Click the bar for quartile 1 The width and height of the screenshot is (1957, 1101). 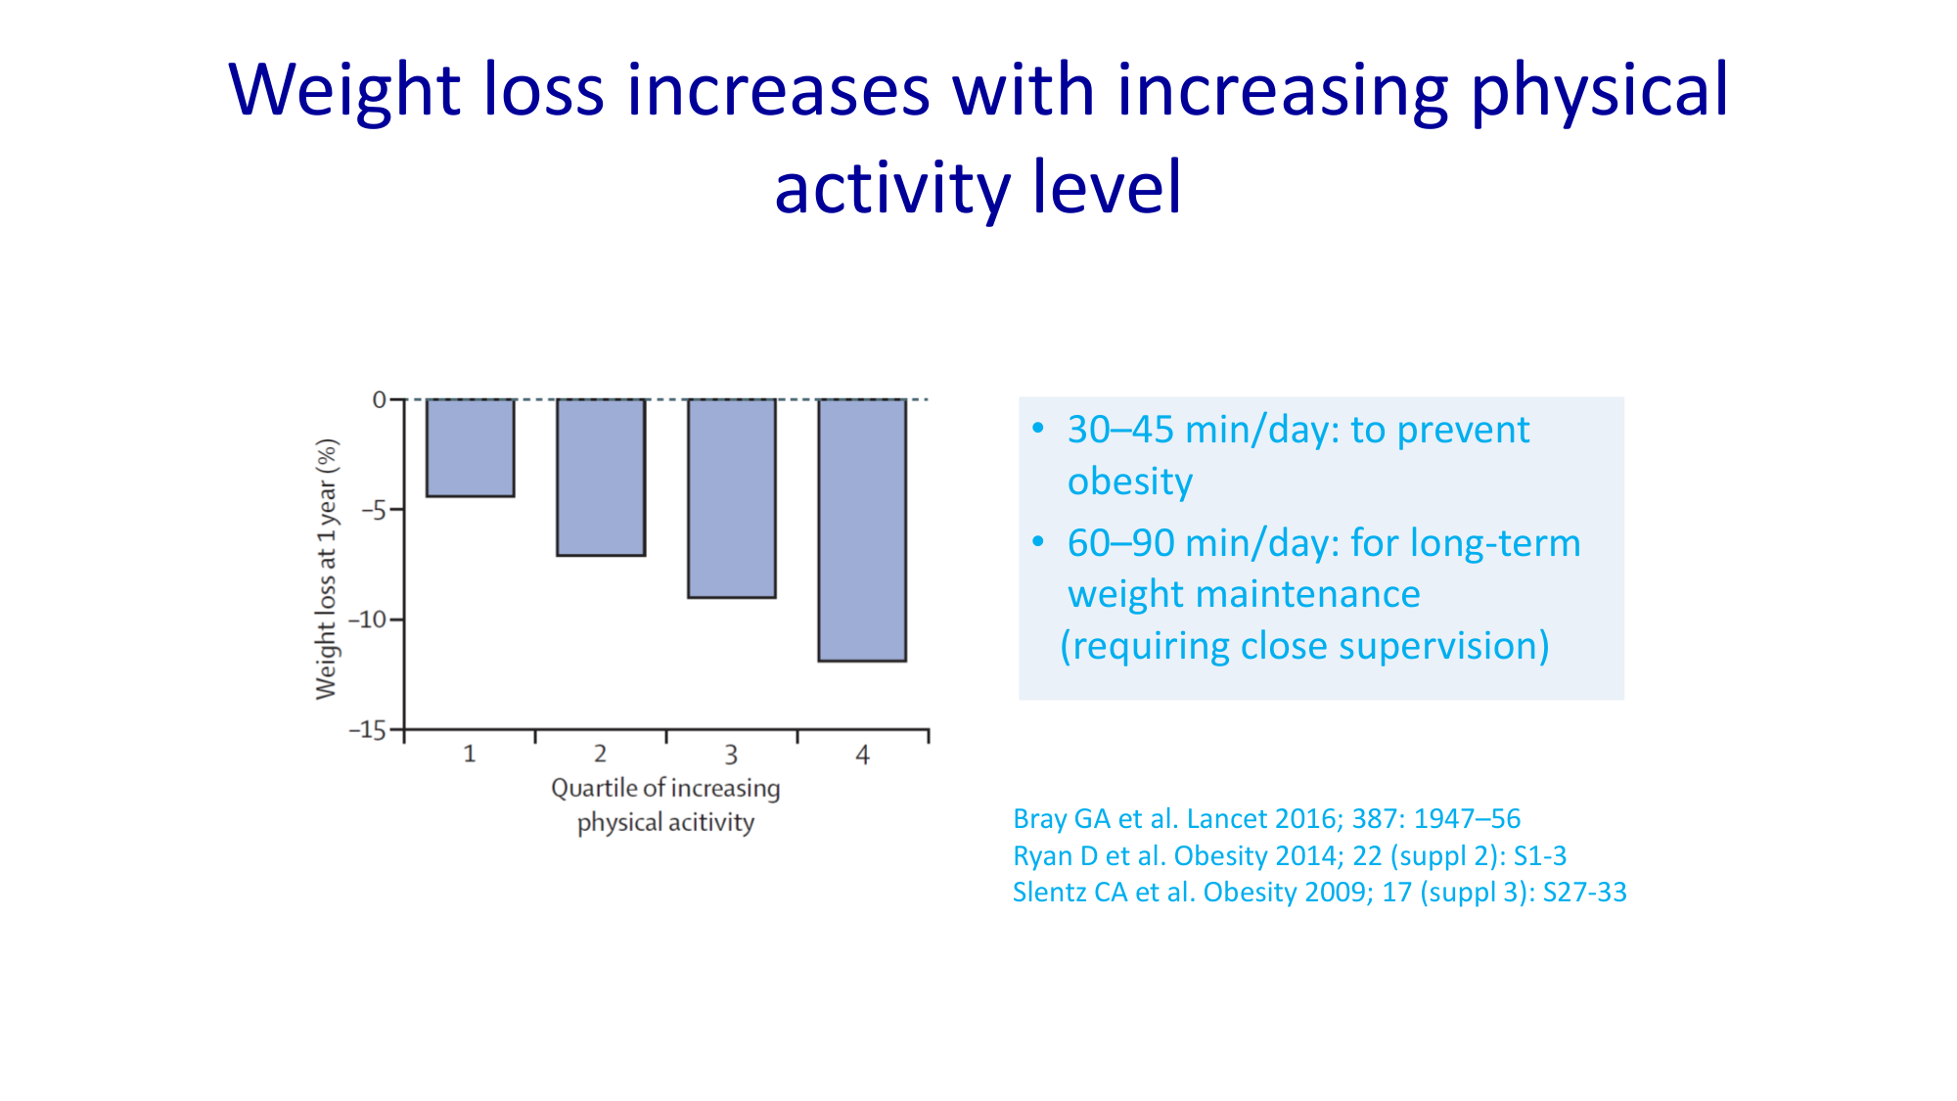pyautogui.click(x=470, y=447)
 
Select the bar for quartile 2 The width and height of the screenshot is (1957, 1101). pyautogui.click(x=601, y=477)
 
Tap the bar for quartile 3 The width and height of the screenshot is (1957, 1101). pyautogui.click(x=732, y=498)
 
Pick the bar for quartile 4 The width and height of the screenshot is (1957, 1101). pyautogui.click(x=862, y=529)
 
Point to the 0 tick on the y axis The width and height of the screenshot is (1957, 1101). pyautogui.click(x=380, y=399)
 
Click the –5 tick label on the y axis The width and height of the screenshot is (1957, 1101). pyautogui.click(x=373, y=510)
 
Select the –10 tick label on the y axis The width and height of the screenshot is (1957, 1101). pyautogui.click(x=368, y=619)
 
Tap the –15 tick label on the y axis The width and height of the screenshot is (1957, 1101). pyautogui.click(x=368, y=730)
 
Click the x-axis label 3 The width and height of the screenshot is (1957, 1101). pyautogui.click(x=731, y=755)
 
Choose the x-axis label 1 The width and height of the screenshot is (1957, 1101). pyautogui.click(x=470, y=754)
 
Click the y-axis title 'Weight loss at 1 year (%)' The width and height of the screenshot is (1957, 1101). pyautogui.click(x=326, y=569)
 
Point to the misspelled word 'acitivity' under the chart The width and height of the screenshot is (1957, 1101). pyautogui.click(x=710, y=822)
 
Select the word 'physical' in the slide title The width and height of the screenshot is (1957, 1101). pyautogui.click(x=1600, y=90)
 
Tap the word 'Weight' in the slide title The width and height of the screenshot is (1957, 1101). pyautogui.click(x=344, y=90)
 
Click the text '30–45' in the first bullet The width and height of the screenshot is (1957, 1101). pyautogui.click(x=1120, y=430)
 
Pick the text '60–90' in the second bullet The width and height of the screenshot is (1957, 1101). pyautogui.click(x=1120, y=543)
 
